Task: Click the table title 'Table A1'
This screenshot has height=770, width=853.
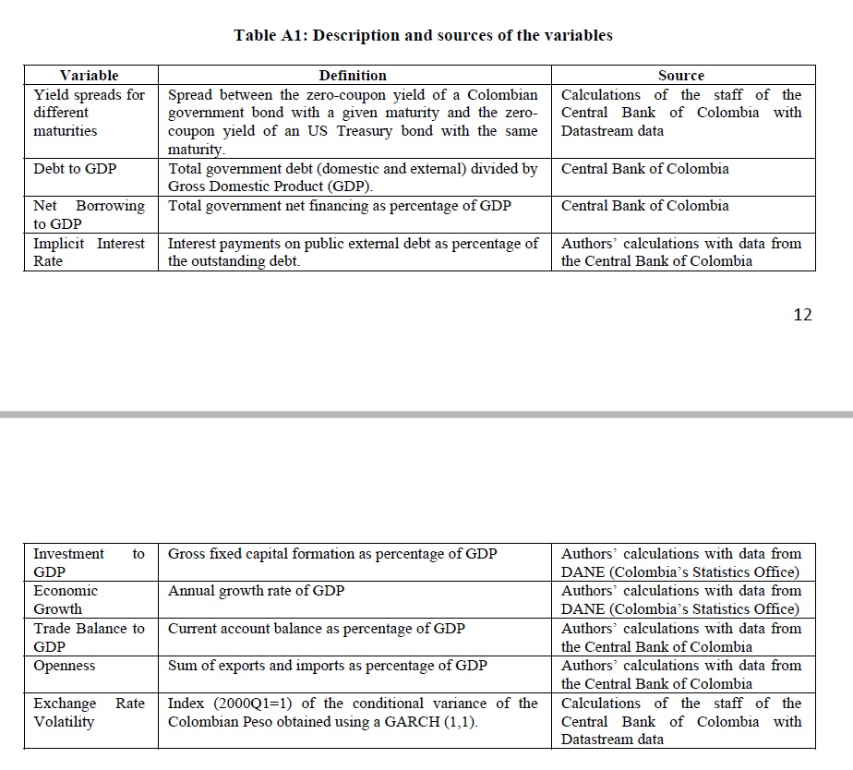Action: (423, 35)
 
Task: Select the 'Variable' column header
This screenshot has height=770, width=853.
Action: (89, 75)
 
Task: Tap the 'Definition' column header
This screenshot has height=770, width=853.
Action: (353, 75)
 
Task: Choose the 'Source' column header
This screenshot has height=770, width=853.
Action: (681, 75)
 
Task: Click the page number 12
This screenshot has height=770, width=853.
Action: (802, 315)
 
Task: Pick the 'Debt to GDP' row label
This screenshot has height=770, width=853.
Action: (75, 169)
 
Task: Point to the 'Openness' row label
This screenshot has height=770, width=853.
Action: (65, 666)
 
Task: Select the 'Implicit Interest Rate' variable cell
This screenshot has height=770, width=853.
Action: (89, 252)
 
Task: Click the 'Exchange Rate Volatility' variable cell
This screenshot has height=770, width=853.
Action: (89, 712)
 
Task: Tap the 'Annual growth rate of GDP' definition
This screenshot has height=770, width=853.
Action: (256, 591)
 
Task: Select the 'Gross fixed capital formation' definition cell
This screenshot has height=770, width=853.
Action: (332, 554)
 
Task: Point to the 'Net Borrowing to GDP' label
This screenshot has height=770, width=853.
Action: (89, 214)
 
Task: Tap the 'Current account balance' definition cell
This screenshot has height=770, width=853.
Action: (316, 629)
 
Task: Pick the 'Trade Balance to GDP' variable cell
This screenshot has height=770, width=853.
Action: (89, 637)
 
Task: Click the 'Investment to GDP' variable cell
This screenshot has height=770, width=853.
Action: (89, 562)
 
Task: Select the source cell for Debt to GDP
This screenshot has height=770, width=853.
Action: (644, 169)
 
